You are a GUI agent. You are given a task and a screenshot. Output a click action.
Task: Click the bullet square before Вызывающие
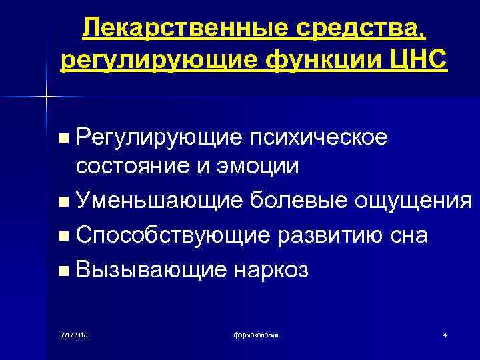click(63, 271)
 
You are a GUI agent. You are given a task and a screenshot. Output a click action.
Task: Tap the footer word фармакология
click(256, 333)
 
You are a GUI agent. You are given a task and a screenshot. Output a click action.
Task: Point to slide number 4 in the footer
click(444, 333)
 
